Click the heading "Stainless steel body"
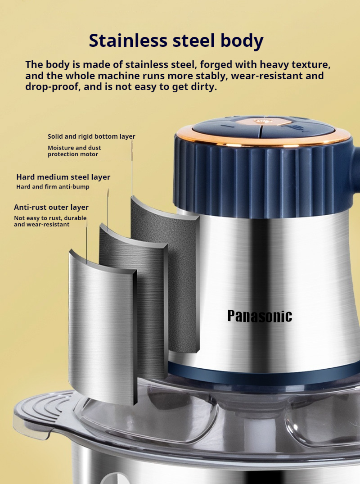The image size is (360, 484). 176,41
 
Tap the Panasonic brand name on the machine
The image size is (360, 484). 260,316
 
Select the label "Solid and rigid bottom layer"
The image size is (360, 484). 91,136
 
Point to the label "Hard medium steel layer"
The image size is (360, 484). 63,177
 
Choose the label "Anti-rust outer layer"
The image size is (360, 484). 51,207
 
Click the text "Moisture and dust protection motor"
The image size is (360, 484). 74,151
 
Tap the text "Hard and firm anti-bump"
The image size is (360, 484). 53,186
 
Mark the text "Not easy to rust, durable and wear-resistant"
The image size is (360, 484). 50,221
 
